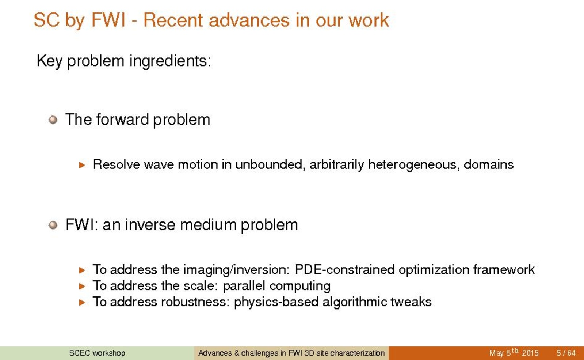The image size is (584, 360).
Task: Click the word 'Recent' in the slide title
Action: pos(173,20)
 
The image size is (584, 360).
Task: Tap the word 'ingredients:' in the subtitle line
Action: pos(170,61)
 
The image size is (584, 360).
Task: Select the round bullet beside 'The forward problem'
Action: pos(53,120)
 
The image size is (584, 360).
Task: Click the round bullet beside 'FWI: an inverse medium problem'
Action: pos(53,225)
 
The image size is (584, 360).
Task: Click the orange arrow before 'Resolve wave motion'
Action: pos(82,165)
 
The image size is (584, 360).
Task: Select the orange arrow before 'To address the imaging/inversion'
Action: pos(82,270)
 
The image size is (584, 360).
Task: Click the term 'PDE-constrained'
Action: pos(344,269)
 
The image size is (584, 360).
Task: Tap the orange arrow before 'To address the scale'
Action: pos(82,286)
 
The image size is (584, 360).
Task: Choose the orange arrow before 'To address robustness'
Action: pos(82,302)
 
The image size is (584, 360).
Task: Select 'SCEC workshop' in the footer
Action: pos(97,353)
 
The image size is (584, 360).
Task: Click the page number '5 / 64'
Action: pos(566,353)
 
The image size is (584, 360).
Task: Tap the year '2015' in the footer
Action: pos(530,353)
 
